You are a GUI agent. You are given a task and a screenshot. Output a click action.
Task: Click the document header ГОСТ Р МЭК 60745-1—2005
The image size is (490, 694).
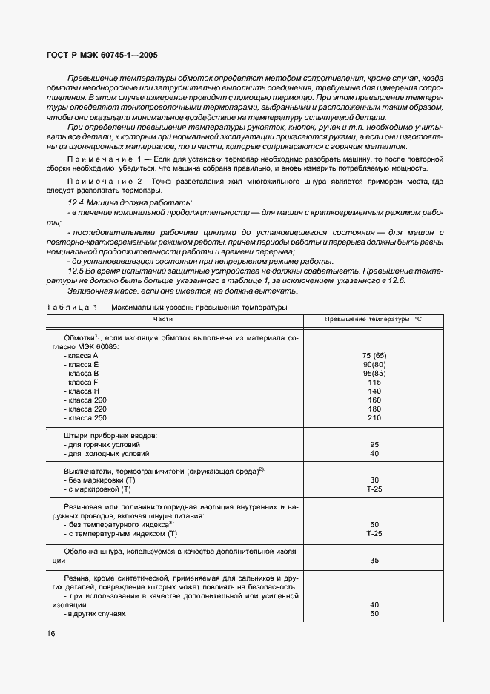click(x=97, y=54)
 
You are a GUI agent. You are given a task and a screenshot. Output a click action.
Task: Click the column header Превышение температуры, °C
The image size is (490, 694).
click(x=374, y=319)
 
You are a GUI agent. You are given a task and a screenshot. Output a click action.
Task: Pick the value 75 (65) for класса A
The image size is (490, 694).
click(x=374, y=355)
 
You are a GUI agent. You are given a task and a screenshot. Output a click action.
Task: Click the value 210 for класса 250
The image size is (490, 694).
click(x=374, y=418)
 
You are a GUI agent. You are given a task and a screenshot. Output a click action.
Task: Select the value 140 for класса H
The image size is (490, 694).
click(x=374, y=391)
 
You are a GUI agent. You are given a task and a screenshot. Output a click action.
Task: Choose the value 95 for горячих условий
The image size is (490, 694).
click(x=374, y=444)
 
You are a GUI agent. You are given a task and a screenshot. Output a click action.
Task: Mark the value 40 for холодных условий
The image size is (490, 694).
click(x=374, y=453)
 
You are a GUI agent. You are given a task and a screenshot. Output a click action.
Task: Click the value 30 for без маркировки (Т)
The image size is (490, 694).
click(x=374, y=480)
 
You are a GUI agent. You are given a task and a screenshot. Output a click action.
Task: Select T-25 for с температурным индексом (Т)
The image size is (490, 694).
click(x=374, y=533)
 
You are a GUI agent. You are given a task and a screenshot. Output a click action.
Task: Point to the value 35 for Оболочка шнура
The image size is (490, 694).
click(x=374, y=561)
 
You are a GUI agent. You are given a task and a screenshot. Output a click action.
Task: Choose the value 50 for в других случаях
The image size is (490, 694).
click(x=374, y=613)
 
